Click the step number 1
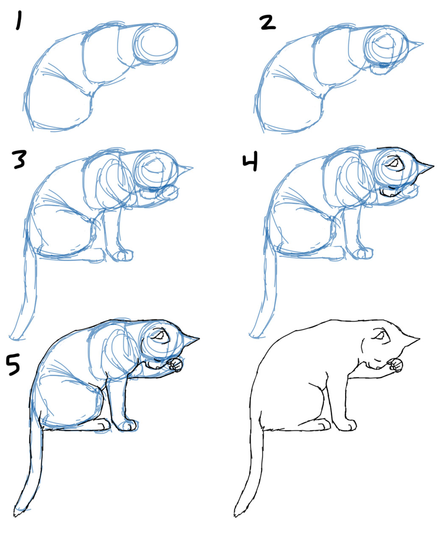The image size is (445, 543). click(18, 21)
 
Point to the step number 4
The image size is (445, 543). click(250, 163)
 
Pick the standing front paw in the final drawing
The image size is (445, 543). click(348, 425)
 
